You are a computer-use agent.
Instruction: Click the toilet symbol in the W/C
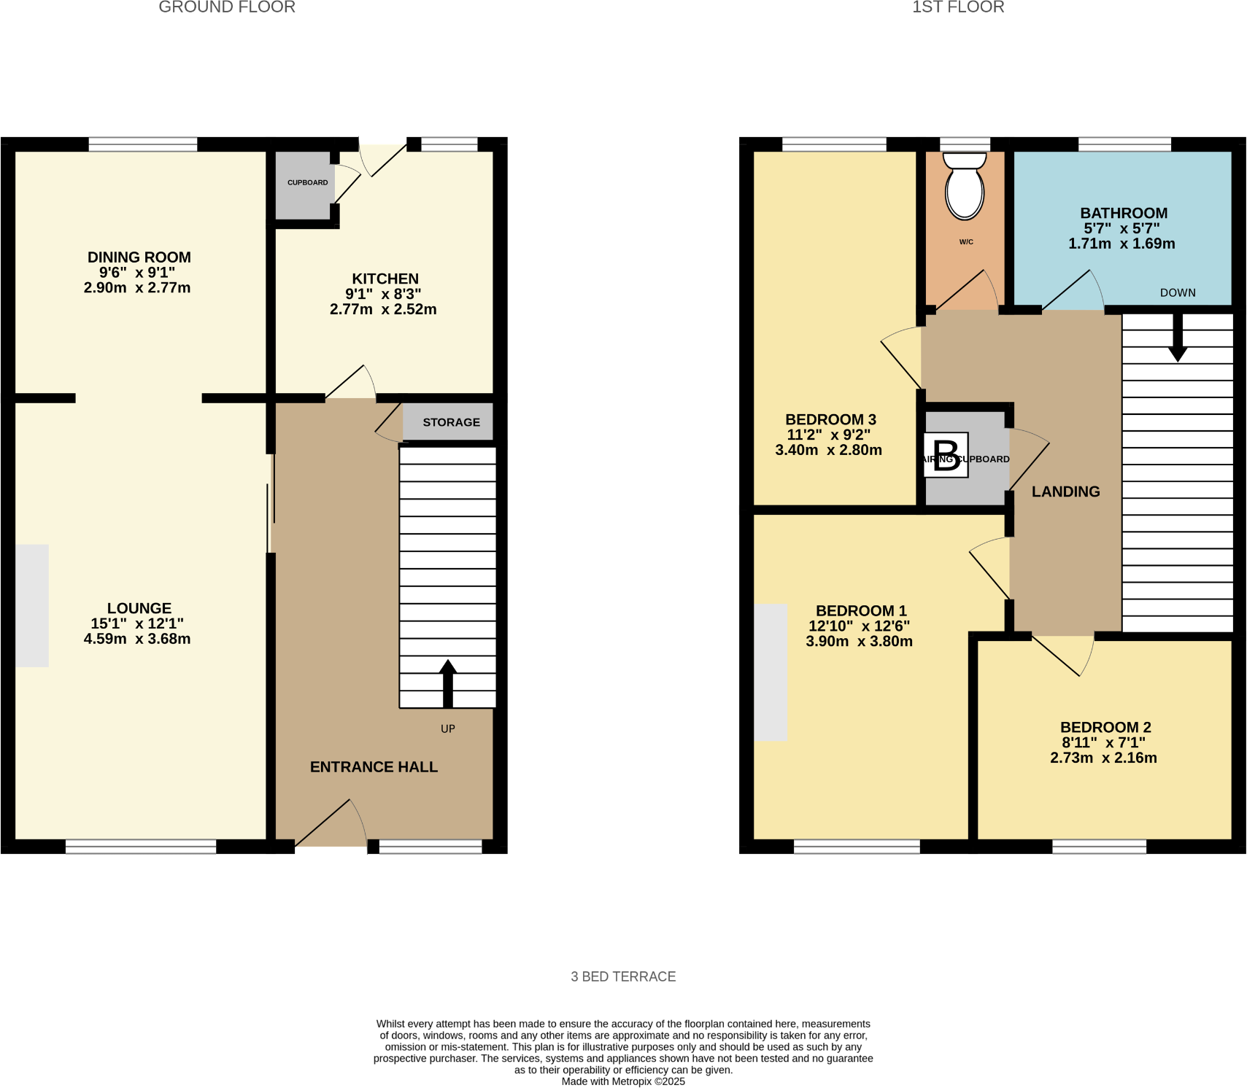pyautogui.click(x=965, y=187)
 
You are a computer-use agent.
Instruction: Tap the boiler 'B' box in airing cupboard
pyautogui.click(x=946, y=456)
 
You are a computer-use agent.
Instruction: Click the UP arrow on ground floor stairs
pyautogui.click(x=448, y=683)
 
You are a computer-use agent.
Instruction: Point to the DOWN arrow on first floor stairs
pyautogui.click(x=1178, y=338)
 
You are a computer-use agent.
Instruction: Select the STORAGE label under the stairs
pyautogui.click(x=451, y=422)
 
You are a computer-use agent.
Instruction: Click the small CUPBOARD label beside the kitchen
pyautogui.click(x=307, y=182)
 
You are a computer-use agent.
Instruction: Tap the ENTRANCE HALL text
pyautogui.click(x=374, y=767)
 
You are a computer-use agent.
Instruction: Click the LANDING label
pyautogui.click(x=1065, y=491)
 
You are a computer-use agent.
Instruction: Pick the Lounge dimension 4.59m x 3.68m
pyautogui.click(x=137, y=639)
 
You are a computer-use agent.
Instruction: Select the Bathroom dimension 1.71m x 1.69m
pyautogui.click(x=1121, y=244)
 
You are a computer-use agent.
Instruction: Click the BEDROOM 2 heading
pyautogui.click(x=1105, y=727)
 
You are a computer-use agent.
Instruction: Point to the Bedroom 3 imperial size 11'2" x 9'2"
pyautogui.click(x=829, y=435)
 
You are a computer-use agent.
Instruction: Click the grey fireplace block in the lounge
pyautogui.click(x=32, y=605)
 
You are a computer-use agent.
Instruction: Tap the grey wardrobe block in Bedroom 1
pyautogui.click(x=771, y=672)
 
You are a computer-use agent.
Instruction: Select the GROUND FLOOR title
pyautogui.click(x=227, y=7)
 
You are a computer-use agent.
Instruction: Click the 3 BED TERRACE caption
pyautogui.click(x=623, y=976)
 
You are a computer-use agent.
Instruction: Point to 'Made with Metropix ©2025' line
pyautogui.click(x=623, y=1081)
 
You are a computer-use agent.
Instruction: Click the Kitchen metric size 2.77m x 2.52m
pyautogui.click(x=383, y=309)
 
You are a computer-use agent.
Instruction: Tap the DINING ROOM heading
pyautogui.click(x=139, y=257)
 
